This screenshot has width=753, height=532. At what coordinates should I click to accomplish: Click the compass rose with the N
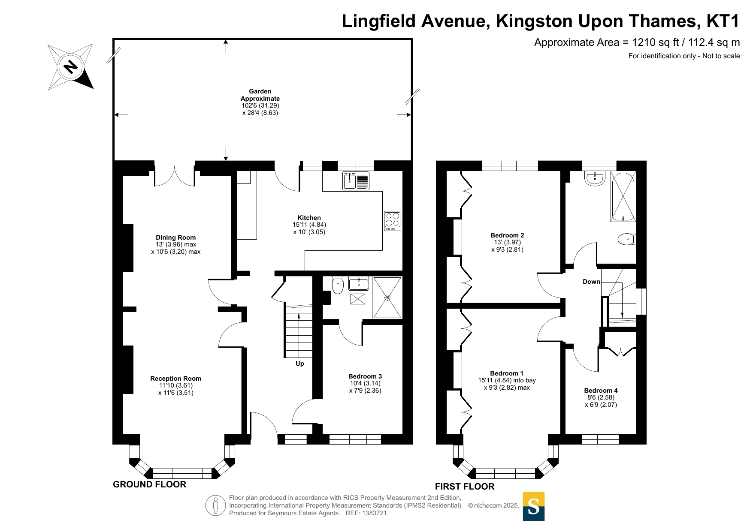coord(70,67)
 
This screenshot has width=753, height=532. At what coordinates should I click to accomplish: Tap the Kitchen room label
coord(309,218)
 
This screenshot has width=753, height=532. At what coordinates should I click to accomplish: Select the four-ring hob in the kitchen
coord(393,221)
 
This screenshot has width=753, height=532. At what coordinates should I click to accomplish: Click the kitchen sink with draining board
coord(356,181)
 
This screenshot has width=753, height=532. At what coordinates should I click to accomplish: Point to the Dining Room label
coord(175,237)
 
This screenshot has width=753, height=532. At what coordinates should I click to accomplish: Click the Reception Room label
coord(175,379)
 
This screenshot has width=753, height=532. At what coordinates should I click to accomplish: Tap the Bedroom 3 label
coord(365,376)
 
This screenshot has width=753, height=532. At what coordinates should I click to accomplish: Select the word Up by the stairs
coord(300,364)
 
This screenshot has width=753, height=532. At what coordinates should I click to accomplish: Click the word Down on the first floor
coord(591,282)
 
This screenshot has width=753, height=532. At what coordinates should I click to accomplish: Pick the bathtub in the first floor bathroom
coord(623,197)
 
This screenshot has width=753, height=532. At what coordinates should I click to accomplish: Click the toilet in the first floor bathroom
coord(626,239)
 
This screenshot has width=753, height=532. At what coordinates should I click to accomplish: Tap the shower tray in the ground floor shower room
coord(387,298)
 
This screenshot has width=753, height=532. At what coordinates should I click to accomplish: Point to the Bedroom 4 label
coord(601,391)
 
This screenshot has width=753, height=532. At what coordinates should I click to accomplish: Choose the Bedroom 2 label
coord(507,235)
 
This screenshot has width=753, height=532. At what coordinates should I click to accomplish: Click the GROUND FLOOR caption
coord(150,484)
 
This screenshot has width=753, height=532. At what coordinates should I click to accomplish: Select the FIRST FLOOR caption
coord(465,487)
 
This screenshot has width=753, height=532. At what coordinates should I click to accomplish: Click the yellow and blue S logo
coord(534,506)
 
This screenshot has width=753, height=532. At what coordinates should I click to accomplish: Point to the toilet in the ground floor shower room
coord(338,286)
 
